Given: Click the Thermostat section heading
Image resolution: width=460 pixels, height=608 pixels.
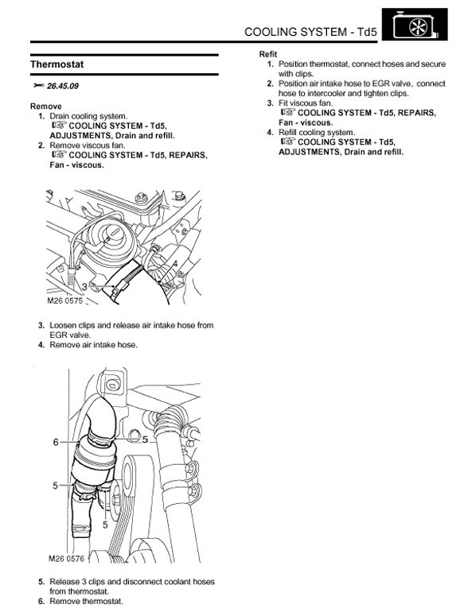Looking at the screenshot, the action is [57, 64].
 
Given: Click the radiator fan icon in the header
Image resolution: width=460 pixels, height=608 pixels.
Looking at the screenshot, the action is [415, 25].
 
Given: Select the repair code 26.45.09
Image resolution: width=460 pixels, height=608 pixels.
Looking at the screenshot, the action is [63, 86].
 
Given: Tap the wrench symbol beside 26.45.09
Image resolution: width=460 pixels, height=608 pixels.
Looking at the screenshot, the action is [38, 86].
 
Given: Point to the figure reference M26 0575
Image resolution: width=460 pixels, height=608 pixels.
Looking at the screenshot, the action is [65, 300].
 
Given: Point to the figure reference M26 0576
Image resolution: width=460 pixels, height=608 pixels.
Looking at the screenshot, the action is [66, 558].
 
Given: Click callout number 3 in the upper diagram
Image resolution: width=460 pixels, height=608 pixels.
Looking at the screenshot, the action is [84, 288].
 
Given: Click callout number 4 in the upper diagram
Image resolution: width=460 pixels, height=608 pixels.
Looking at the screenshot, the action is [175, 264].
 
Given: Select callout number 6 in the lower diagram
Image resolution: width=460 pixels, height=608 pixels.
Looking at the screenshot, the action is [56, 442].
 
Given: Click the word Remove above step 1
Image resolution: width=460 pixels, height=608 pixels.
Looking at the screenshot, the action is [46, 106].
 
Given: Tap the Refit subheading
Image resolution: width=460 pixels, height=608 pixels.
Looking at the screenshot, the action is [268, 54].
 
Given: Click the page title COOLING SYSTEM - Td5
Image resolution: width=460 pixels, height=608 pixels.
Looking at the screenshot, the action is [310, 32].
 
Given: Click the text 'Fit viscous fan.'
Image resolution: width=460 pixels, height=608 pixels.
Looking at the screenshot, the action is [306, 103].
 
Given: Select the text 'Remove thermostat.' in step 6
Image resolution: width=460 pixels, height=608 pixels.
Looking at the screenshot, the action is [86, 602].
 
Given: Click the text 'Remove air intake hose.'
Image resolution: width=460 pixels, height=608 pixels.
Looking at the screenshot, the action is [94, 345].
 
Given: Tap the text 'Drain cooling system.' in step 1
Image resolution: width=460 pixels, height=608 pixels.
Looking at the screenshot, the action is [88, 116].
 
